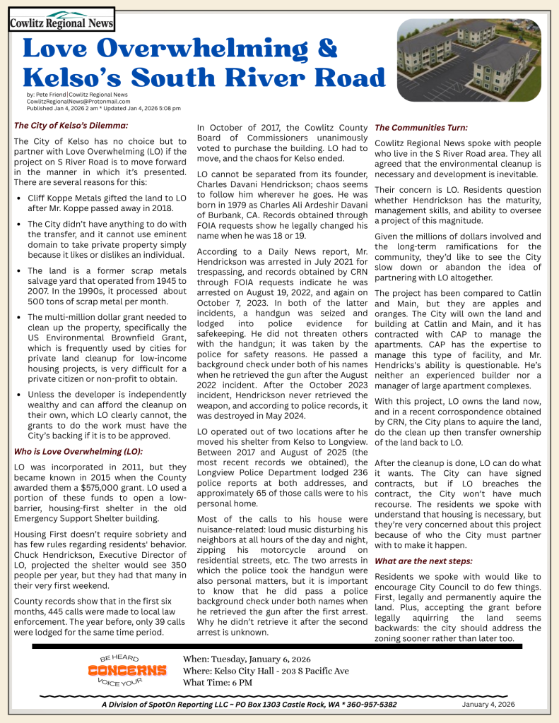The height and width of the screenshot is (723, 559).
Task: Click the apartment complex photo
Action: tap(469, 61)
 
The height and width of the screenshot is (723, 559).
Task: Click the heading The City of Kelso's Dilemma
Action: tap(71, 126)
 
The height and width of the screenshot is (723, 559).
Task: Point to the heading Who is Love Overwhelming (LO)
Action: tap(78, 451)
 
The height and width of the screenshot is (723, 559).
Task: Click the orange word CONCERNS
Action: tap(127, 669)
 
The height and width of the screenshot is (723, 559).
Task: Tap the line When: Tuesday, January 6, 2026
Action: tap(246, 659)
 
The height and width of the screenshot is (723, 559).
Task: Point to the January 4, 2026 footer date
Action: tap(488, 704)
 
